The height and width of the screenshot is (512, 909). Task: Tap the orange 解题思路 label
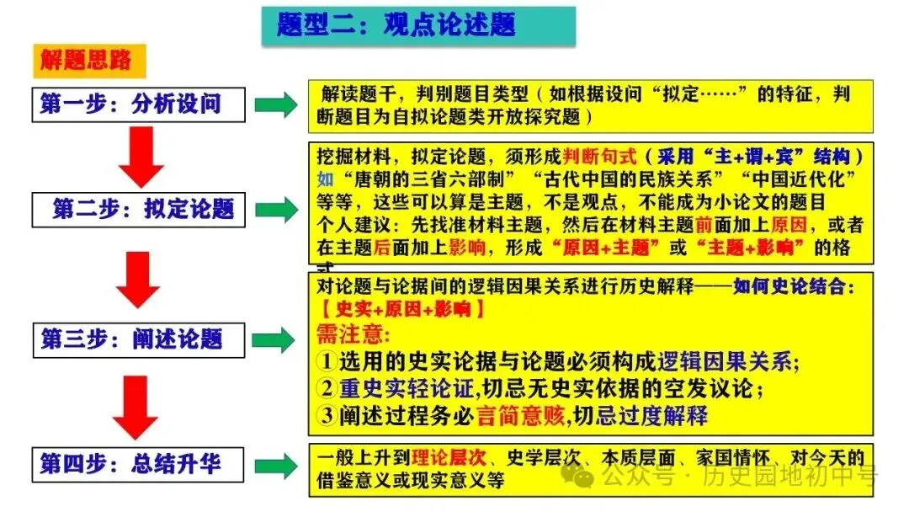(x=86, y=60)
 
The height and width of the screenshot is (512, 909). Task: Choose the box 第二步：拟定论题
(x=138, y=209)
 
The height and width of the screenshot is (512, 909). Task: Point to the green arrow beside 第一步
(x=274, y=105)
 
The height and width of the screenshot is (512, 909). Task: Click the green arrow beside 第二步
(x=274, y=210)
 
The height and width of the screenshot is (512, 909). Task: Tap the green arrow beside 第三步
(x=274, y=339)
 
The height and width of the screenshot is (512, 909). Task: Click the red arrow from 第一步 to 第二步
(x=140, y=157)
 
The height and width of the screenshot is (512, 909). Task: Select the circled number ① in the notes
(x=327, y=362)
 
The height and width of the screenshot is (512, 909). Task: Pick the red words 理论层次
(x=449, y=458)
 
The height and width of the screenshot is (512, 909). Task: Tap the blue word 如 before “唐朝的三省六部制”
(x=325, y=179)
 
